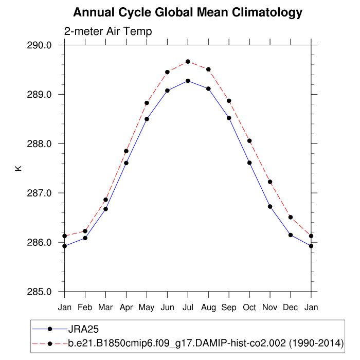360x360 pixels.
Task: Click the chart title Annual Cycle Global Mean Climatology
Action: [x=188, y=12]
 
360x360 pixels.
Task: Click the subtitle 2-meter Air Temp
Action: [x=108, y=31]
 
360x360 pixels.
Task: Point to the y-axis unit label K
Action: [x=19, y=168]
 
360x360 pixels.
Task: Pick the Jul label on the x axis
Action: [x=188, y=307]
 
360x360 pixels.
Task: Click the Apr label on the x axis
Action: [x=126, y=307]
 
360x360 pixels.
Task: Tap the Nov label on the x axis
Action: [x=270, y=307]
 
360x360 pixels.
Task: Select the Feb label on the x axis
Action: [x=85, y=307]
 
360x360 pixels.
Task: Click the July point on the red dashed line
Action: [x=188, y=62]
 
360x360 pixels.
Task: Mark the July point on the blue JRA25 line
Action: [x=188, y=81]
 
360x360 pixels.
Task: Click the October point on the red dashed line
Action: [x=249, y=141]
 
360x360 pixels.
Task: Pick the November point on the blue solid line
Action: [x=270, y=206]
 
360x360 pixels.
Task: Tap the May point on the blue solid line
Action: [x=147, y=119]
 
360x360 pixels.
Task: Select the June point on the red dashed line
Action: [x=167, y=72]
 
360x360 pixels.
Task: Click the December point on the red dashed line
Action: [x=291, y=217]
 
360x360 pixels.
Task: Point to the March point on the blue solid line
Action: [x=105, y=209]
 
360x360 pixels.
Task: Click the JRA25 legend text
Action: [x=83, y=328]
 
